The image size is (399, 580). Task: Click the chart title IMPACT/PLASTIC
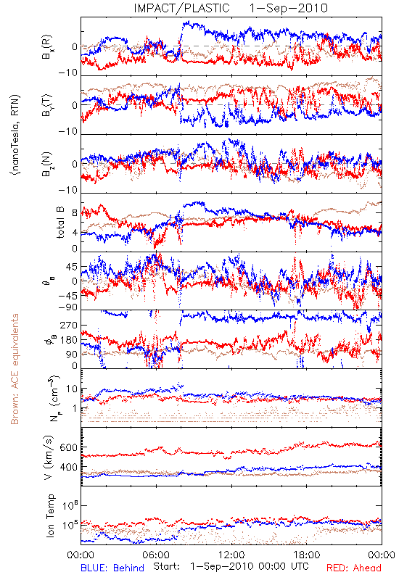(182, 8)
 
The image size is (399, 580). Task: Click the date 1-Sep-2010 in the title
(289, 8)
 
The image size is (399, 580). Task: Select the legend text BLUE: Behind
(112, 568)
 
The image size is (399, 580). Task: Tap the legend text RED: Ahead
(354, 568)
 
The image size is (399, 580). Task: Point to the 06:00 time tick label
(156, 555)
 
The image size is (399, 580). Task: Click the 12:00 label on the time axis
(231, 555)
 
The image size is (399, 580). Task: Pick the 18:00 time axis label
(307, 555)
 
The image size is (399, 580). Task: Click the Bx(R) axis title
(47, 47)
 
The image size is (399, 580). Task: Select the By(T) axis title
(47, 105)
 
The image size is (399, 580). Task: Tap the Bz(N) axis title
(47, 164)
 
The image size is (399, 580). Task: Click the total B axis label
(60, 223)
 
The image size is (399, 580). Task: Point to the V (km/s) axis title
(49, 457)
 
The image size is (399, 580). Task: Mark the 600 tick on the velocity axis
(69, 447)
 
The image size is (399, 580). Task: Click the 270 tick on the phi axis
(69, 325)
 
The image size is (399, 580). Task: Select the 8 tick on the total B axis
(75, 213)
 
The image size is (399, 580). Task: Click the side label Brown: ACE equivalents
(15, 369)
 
